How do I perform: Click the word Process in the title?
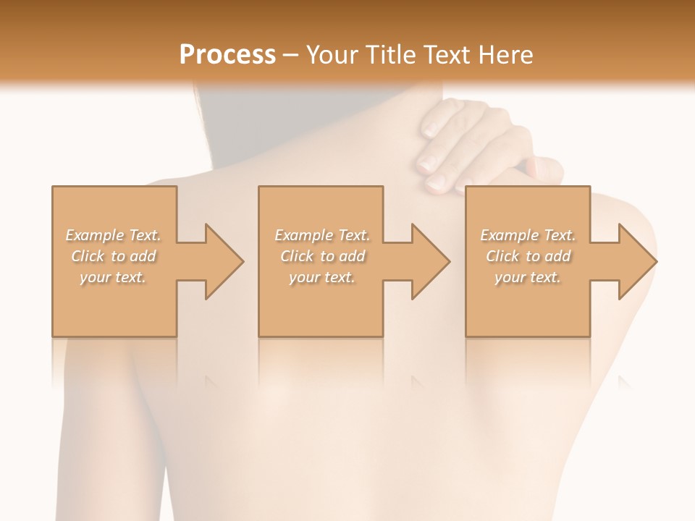(x=227, y=55)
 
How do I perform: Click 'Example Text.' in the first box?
(x=113, y=235)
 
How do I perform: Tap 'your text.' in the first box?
(x=113, y=277)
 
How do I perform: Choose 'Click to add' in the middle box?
(x=322, y=256)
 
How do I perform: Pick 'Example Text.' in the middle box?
(x=322, y=235)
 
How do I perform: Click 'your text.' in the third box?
(x=528, y=277)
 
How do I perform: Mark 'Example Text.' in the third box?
(x=528, y=235)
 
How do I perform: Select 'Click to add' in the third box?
(x=528, y=256)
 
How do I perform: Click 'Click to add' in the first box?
(x=113, y=256)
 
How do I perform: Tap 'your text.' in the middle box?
(x=322, y=277)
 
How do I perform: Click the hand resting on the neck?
(x=463, y=145)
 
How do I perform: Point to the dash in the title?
(x=290, y=56)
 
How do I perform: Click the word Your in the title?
(x=330, y=55)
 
